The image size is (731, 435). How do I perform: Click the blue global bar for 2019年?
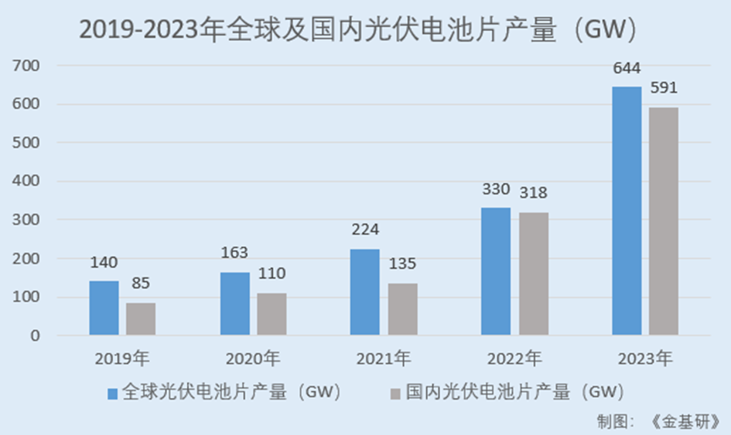coord(104,308)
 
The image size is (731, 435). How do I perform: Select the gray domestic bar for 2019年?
coord(141,319)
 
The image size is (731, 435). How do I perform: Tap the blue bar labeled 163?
coord(235,304)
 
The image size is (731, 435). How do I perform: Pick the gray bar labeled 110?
coord(272,314)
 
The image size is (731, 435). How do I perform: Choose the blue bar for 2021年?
coord(365,292)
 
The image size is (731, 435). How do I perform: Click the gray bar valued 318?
coord(534,274)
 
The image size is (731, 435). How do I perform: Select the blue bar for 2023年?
coord(627,211)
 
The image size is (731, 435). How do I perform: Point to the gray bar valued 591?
coord(664,222)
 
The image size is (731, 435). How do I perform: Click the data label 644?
coord(627,69)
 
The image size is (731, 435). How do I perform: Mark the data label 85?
coord(141,284)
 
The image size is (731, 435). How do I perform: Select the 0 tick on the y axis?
coord(35,336)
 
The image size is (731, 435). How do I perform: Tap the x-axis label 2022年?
coord(514,359)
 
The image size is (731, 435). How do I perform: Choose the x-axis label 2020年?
coord(253,359)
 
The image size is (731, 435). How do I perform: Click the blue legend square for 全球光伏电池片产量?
coord(113,393)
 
